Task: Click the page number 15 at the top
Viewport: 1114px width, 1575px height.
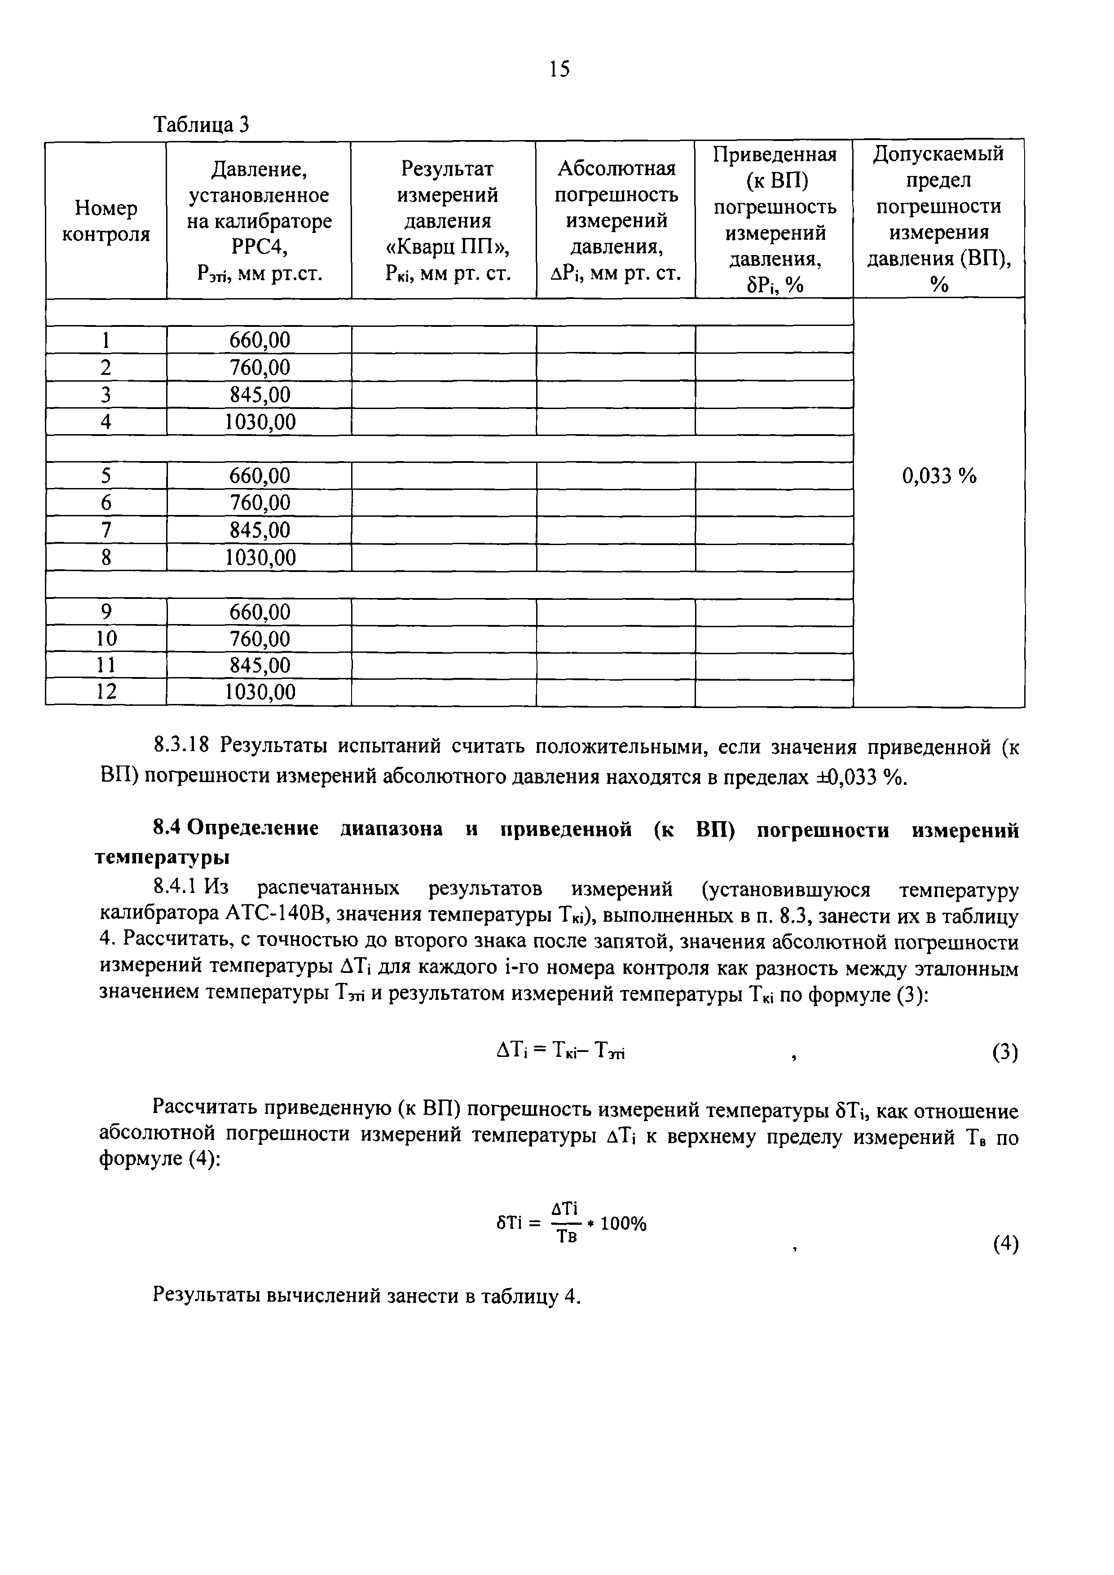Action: click(559, 69)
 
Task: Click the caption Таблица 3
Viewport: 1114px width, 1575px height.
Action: click(201, 125)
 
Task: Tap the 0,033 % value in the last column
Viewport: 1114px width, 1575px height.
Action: click(938, 475)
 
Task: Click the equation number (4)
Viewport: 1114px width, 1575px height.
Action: click(1005, 1243)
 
